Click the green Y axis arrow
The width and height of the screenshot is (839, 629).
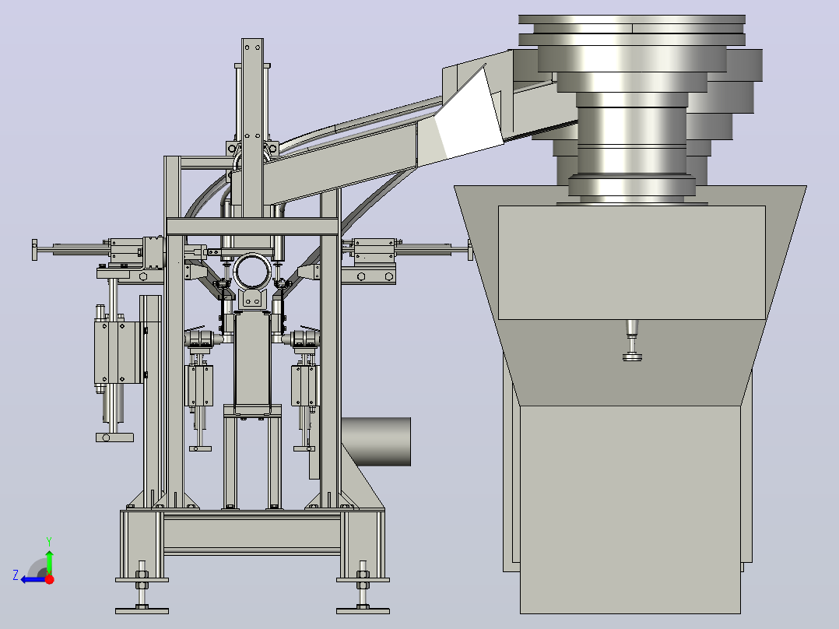(49, 561)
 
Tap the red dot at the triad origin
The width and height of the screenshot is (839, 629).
(49, 579)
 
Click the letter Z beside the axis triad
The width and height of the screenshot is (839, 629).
(16, 575)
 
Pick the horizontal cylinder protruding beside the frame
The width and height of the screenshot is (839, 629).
(376, 441)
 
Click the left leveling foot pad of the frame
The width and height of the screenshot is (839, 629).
(142, 611)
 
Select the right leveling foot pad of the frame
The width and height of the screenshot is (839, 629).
(363, 611)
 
